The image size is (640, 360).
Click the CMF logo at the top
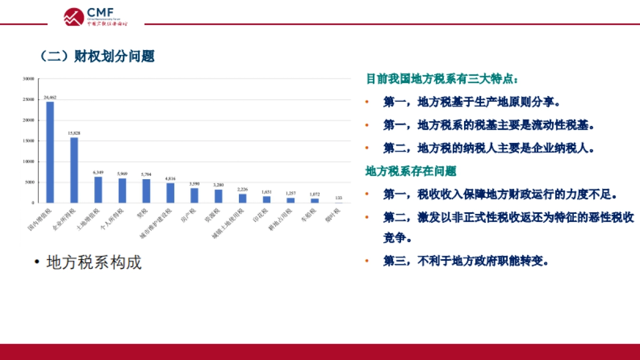pyautogui.click(x=96, y=17)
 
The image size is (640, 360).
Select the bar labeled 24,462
pyautogui.click(x=50, y=152)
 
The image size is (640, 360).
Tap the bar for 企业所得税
pyautogui.click(x=74, y=170)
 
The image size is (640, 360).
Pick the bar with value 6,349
pyautogui.click(x=98, y=190)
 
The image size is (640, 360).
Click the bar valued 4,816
pyautogui.click(x=170, y=193)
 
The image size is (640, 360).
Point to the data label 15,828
pyautogui.click(x=74, y=133)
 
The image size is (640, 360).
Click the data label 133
pyautogui.click(x=339, y=198)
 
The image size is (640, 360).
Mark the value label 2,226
pyautogui.click(x=243, y=189)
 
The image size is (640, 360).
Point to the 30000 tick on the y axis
pyautogui.click(x=29, y=79)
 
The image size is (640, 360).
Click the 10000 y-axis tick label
pyautogui.click(x=29, y=162)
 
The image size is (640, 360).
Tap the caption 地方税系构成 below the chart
pyautogui.click(x=94, y=262)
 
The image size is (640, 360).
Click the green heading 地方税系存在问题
pyautogui.click(x=411, y=171)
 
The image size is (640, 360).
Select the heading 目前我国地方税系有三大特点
pyautogui.click(x=442, y=79)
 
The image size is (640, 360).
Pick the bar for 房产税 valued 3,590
pyautogui.click(x=194, y=195)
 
